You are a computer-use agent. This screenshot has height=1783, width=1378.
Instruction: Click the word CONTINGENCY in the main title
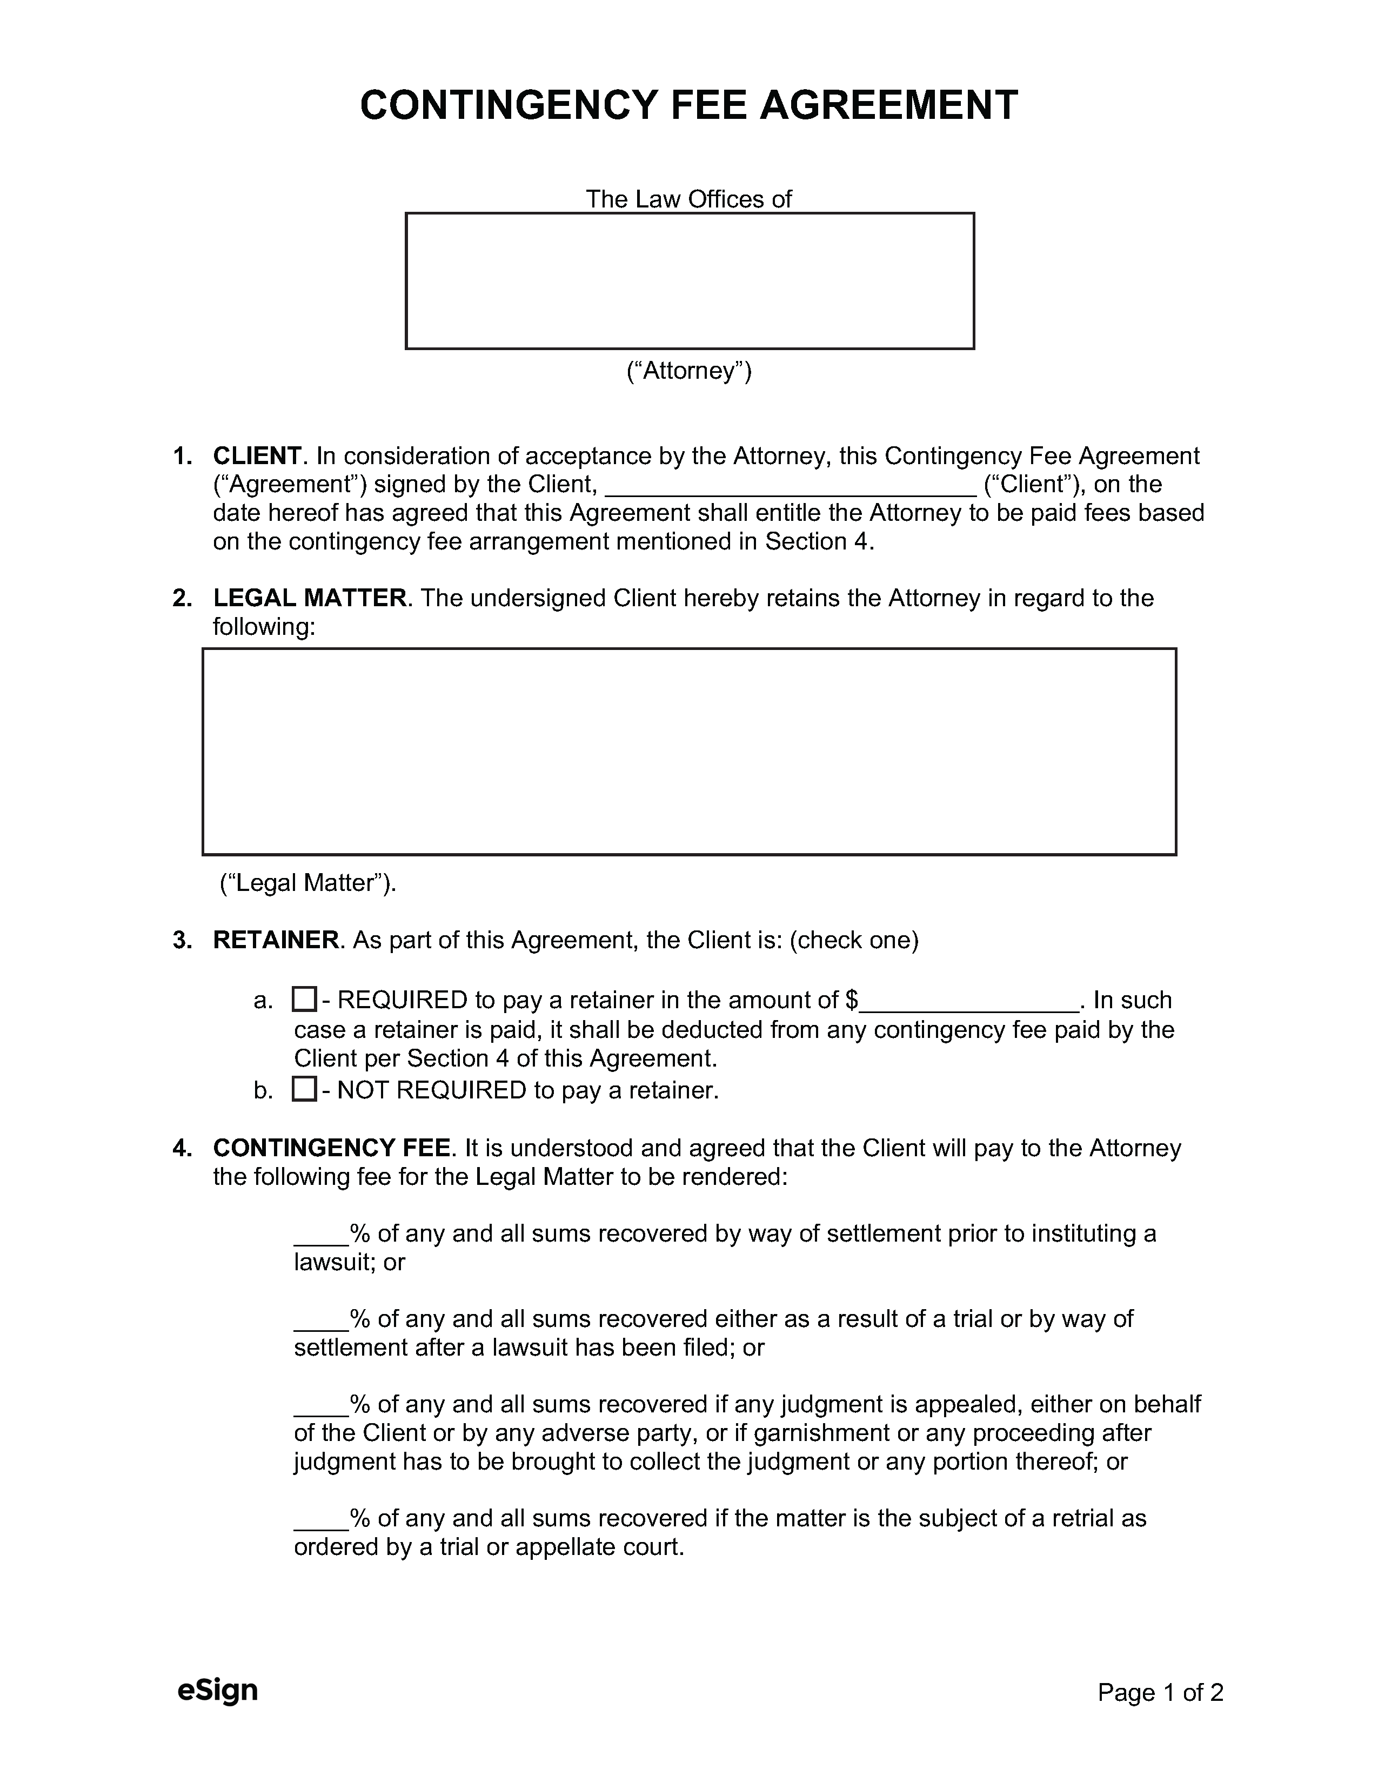508,105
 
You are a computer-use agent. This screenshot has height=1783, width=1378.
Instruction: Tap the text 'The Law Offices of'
688,199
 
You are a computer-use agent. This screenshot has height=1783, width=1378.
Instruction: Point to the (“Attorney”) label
688,371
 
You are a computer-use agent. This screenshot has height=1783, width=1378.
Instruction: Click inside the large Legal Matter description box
688,751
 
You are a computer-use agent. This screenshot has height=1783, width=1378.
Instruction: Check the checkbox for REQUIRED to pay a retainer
304,999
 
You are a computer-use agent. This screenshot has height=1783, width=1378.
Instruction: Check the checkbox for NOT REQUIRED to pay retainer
304,1089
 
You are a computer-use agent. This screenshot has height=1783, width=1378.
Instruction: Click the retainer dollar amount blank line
968,1002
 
